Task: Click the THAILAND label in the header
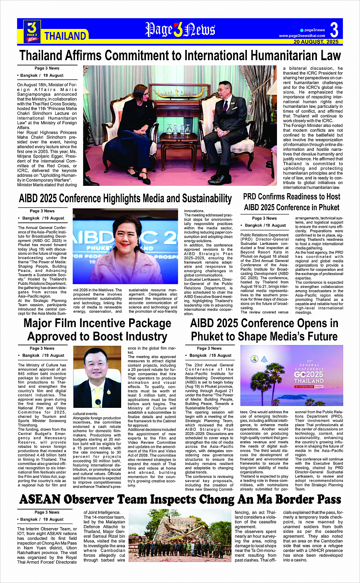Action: [x=65, y=36]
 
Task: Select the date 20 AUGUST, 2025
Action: [x=316, y=42]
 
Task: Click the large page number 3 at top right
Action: [x=334, y=30]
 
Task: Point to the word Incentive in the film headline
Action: [x=96, y=323]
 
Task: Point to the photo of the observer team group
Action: [x=179, y=538]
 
